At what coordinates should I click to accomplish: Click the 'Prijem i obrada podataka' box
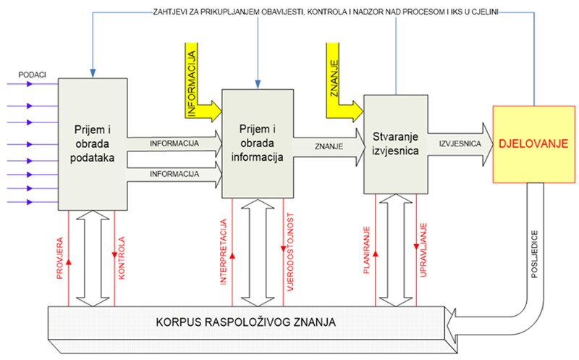click(x=93, y=141)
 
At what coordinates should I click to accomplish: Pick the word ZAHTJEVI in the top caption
click(x=174, y=12)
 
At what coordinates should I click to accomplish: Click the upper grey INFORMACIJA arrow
click(x=174, y=143)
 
